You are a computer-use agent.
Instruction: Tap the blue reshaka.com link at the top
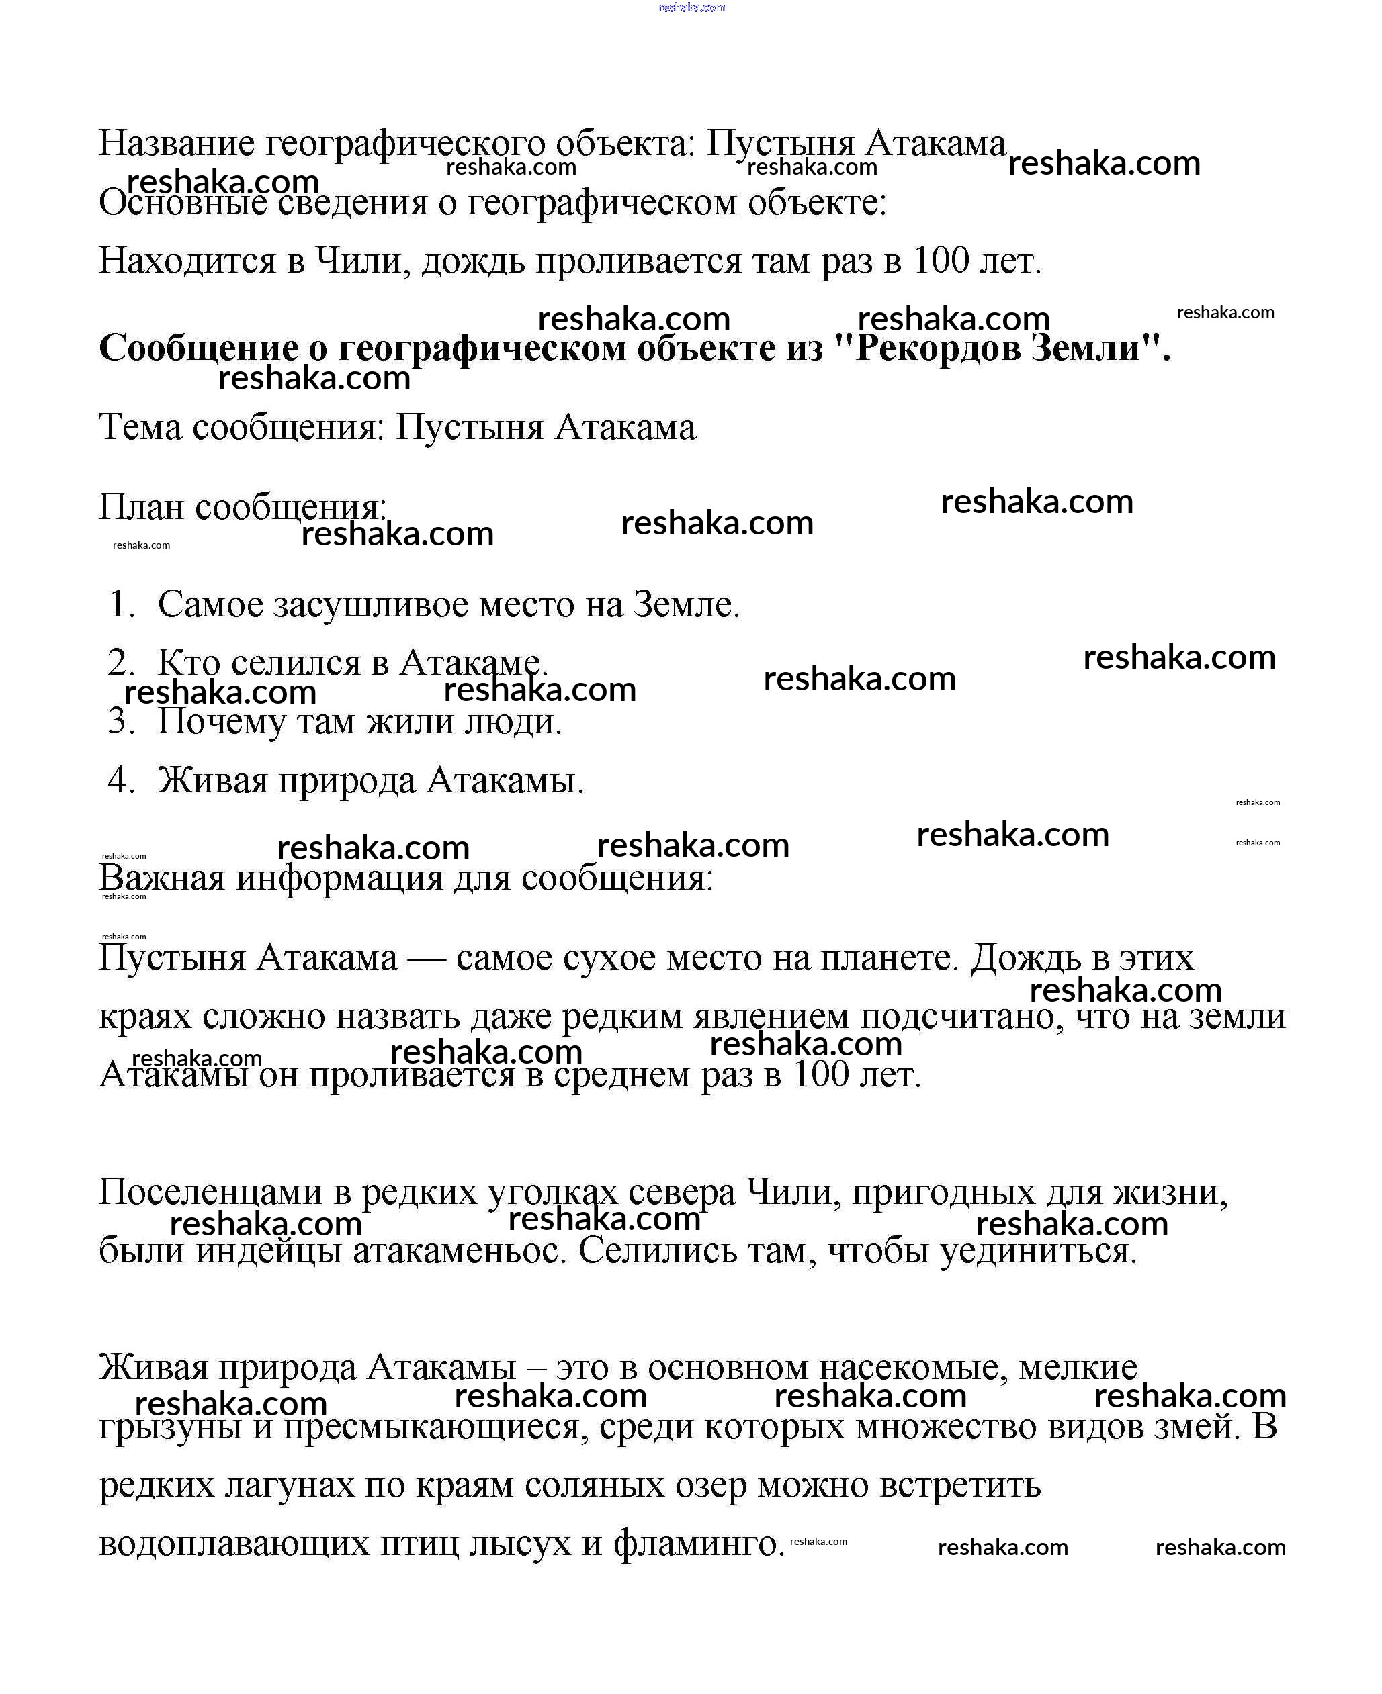tap(692, 7)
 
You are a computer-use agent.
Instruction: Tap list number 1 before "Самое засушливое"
tap(121, 605)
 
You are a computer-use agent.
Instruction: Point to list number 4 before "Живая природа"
tap(121, 781)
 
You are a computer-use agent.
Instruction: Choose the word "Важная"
tap(162, 878)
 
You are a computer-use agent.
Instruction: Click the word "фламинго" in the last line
tap(698, 1544)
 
